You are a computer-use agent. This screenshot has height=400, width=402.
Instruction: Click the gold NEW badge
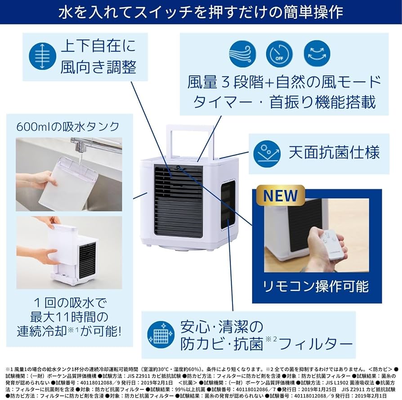pyautogui.click(x=280, y=195)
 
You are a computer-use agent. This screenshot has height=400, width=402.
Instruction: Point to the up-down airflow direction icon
pyautogui.click(x=42, y=57)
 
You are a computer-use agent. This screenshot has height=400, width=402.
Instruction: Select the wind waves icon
pyautogui.click(x=242, y=54)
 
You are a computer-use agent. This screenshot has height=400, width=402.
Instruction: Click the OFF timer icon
pyautogui.click(x=279, y=54)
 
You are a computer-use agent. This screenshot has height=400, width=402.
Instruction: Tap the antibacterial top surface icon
pyautogui.click(x=267, y=153)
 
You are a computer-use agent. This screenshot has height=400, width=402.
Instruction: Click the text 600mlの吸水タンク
pyautogui.click(x=68, y=127)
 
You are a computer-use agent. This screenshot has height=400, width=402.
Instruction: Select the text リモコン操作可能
pyautogui.click(x=316, y=286)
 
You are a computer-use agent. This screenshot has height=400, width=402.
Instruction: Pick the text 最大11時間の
pyautogui.click(x=69, y=317)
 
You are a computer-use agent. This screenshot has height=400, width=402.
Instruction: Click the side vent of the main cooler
pyautogui.click(x=228, y=204)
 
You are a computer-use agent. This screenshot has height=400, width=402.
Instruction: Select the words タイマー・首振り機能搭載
pyautogui.click(x=284, y=102)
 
